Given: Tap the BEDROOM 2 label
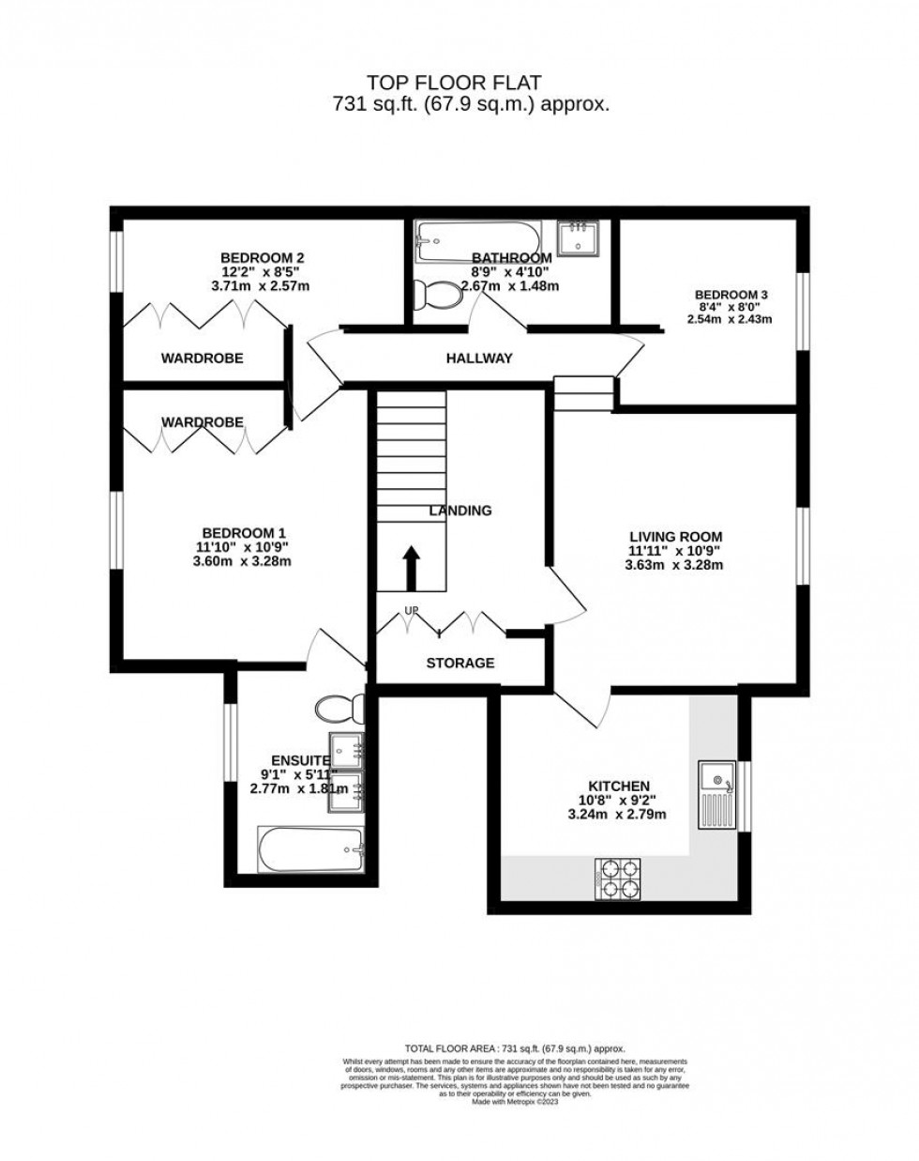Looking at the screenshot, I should point(262,257).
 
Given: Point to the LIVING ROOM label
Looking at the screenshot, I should point(675,537).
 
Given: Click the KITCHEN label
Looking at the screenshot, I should point(619,786).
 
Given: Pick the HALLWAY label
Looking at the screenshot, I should point(479,358).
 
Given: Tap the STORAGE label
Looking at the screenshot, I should point(459,663).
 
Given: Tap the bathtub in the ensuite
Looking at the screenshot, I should point(310,850).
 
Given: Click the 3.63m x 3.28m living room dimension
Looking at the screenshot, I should point(675,565).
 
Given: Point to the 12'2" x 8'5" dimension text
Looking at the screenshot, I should point(262,271).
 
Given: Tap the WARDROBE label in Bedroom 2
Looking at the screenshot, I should point(202,358).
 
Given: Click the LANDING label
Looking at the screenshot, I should point(460,511).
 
